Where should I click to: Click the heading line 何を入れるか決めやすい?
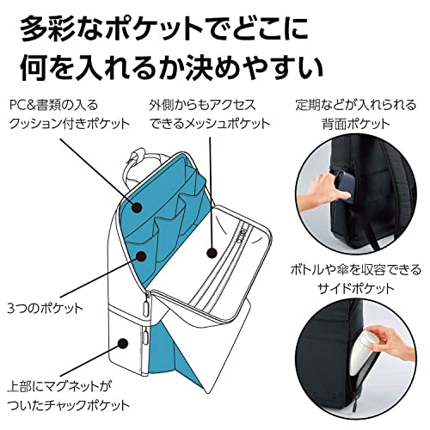click(x=172, y=67)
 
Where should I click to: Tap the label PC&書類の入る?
click(x=54, y=105)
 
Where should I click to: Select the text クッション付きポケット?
click(x=70, y=124)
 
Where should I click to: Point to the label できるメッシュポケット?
click(x=210, y=124)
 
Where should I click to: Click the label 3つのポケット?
click(x=45, y=309)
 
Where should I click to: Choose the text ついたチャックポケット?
click(x=70, y=405)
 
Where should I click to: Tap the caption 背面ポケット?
click(x=356, y=124)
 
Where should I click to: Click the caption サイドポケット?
click(x=356, y=288)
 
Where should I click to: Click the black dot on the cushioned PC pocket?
click(x=138, y=207)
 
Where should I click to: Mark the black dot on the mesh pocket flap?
click(x=212, y=253)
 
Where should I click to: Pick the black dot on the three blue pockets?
click(x=142, y=256)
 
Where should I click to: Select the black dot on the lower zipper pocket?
click(x=123, y=342)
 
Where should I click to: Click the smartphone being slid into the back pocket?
click(x=345, y=187)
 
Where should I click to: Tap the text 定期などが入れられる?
click(x=356, y=105)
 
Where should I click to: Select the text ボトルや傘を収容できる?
click(x=356, y=270)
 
